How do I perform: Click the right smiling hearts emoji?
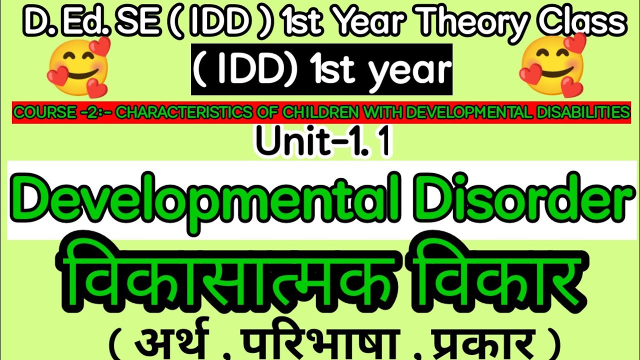[552, 64]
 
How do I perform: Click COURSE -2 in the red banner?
[42, 113]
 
